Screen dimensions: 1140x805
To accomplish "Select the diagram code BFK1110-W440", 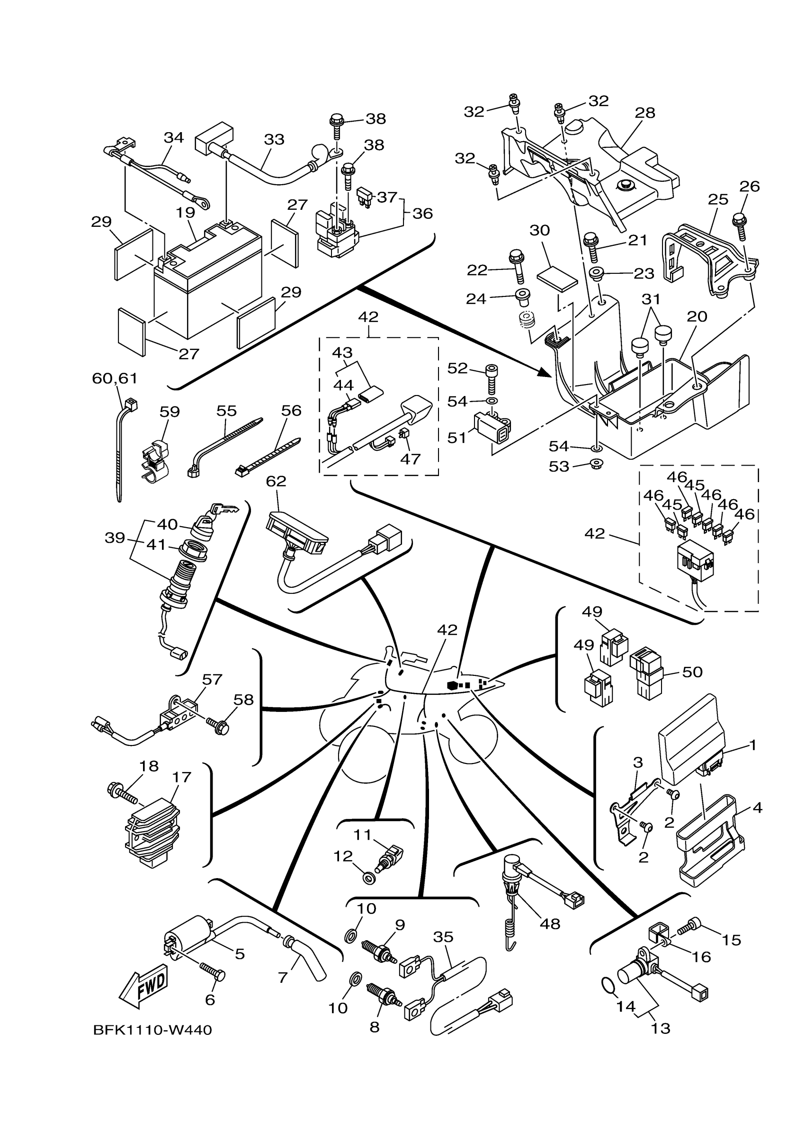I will [x=152, y=1030].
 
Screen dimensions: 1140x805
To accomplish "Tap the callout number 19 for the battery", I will [x=185, y=213].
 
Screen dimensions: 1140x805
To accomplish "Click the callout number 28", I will [x=645, y=113].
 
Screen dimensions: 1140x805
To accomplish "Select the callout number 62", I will [x=276, y=481].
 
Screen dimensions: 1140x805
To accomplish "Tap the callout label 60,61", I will [x=115, y=378].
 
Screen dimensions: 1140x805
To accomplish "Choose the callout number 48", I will [x=550, y=924].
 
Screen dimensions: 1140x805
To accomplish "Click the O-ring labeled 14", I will [x=608, y=983].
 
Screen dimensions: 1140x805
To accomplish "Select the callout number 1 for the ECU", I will [x=753, y=745].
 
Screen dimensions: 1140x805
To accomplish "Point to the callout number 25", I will [x=718, y=199].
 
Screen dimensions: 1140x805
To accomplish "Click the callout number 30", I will [x=539, y=230].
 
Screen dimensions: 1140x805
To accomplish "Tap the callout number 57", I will [x=212, y=679].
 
